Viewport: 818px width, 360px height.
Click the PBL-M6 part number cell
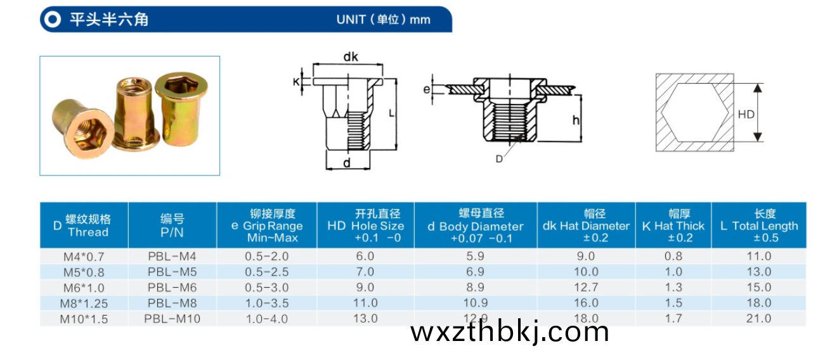pyautogui.click(x=172, y=288)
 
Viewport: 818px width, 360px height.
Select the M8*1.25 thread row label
pyautogui.click(x=84, y=304)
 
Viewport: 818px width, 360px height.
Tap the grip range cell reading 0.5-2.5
pyautogui.click(x=266, y=272)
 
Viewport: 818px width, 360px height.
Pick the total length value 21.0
pyautogui.click(x=758, y=318)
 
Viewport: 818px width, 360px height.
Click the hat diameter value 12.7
pyautogui.click(x=586, y=288)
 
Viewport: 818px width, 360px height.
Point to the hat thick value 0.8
pyautogui.click(x=673, y=256)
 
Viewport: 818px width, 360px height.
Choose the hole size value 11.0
pyautogui.click(x=365, y=303)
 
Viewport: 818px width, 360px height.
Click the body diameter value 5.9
pyautogui.click(x=475, y=256)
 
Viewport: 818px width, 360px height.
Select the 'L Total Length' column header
pyautogui.click(x=759, y=225)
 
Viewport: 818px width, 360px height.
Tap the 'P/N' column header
pyautogui.click(x=172, y=232)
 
